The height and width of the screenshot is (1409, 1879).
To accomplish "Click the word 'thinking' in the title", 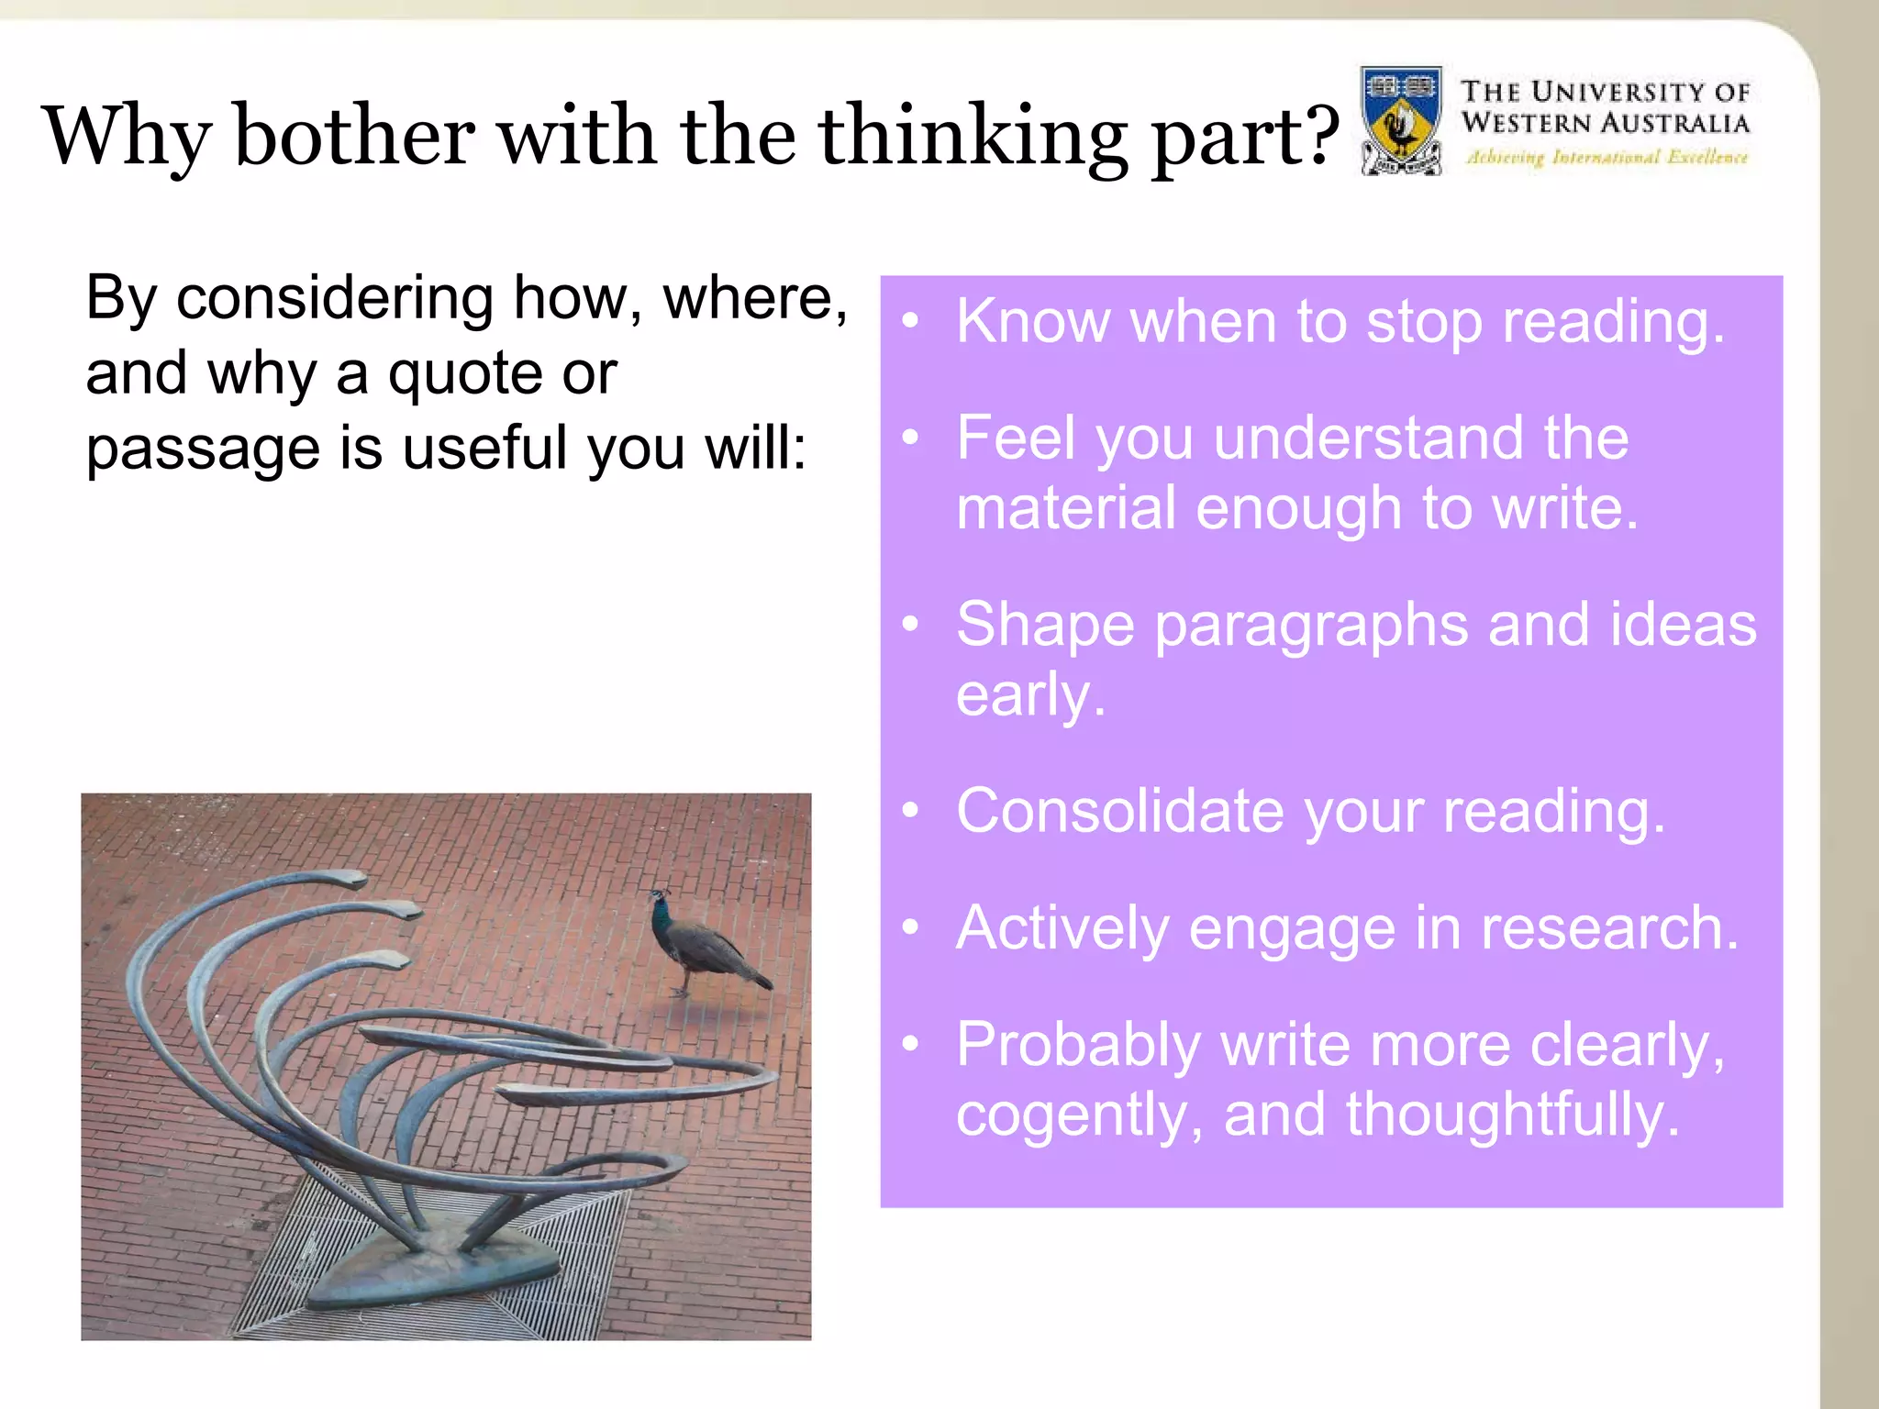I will (973, 138).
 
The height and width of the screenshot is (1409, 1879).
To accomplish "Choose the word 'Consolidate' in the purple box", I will (1119, 812).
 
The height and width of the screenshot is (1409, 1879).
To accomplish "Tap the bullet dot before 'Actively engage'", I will (909, 927).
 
